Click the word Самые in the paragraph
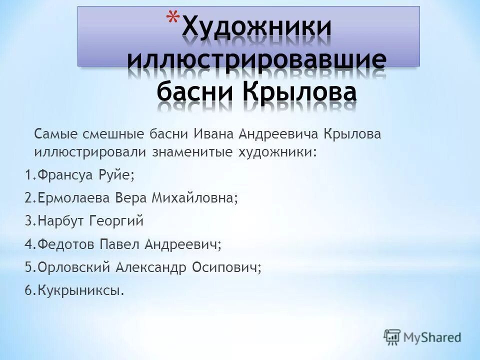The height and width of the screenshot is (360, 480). [x=52, y=134]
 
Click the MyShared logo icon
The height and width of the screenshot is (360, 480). [x=393, y=336]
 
